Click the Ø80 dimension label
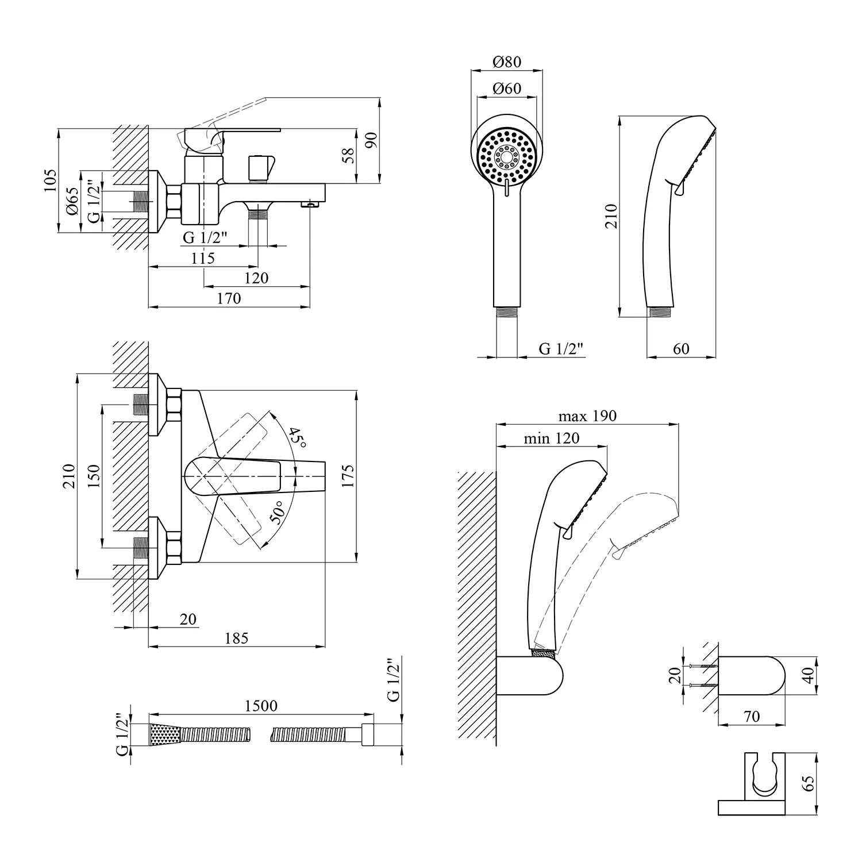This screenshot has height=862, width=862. point(506,61)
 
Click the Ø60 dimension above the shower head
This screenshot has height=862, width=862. point(506,88)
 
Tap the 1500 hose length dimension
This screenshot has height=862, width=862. point(261,706)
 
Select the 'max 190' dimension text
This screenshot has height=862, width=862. point(587,415)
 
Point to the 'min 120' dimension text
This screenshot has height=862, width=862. point(551,438)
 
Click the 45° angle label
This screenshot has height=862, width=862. point(297,438)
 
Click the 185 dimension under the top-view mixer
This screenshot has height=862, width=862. point(236,638)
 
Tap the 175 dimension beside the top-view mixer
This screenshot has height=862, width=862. point(348,476)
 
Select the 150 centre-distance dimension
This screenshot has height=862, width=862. point(94,476)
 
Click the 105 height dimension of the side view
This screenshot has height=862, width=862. point(51,180)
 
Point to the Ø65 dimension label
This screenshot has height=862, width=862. point(72,201)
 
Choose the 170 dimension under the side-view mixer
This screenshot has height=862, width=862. point(229,298)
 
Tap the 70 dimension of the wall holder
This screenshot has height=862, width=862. point(751,717)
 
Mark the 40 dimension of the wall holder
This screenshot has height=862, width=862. point(809,676)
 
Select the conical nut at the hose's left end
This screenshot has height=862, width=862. point(166,735)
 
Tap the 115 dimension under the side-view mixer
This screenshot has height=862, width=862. point(202,258)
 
